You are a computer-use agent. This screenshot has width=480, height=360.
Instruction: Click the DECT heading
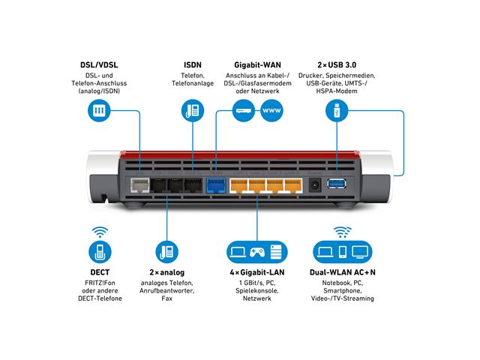tap(98, 271)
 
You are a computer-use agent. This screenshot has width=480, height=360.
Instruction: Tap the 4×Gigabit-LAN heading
tap(257, 271)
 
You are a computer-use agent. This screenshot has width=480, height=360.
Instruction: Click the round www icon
tap(271, 111)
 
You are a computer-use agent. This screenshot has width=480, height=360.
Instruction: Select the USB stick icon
tap(336, 111)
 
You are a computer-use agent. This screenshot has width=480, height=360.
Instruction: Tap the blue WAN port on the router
tap(216, 185)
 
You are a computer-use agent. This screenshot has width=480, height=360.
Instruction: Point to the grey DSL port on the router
tap(138, 185)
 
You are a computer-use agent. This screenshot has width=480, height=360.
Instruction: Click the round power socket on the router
tap(316, 185)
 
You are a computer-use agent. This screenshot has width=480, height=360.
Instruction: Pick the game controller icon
tap(258, 250)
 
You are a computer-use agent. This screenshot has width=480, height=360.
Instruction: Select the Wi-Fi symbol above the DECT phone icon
tap(98, 232)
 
